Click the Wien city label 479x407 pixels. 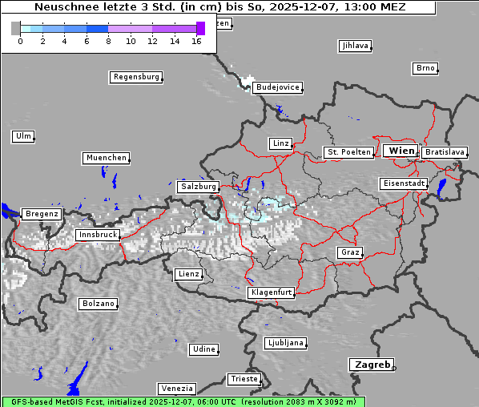[401, 151]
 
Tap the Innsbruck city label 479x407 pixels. [97, 236]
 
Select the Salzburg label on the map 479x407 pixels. [198, 187]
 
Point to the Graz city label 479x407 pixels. [349, 252]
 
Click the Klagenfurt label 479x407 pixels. [271, 292]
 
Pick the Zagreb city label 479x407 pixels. [371, 365]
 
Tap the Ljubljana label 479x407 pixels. [285, 343]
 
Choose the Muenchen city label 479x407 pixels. [106, 159]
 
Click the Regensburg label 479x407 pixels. [135, 78]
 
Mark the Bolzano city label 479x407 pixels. [98, 304]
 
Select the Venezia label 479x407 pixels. [175, 389]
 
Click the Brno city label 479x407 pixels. [425, 68]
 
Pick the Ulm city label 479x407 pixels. [23, 136]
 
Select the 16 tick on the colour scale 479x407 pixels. [196, 41]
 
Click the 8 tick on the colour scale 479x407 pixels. [108, 41]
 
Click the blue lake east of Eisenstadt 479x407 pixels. [442, 187]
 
